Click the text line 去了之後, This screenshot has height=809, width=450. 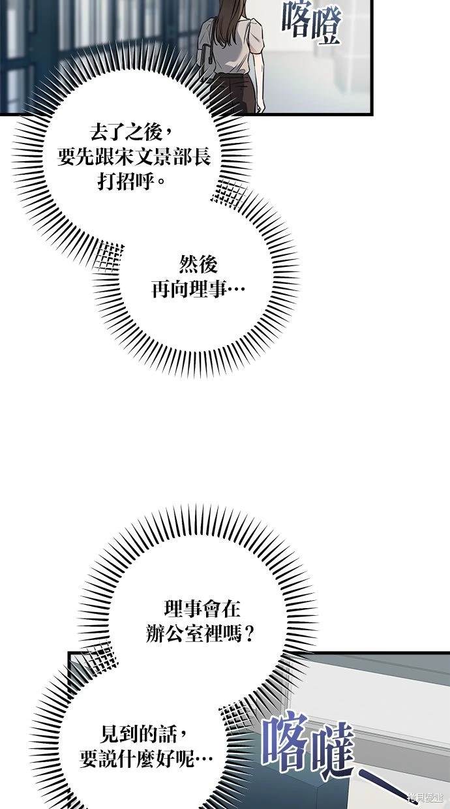click(131, 133)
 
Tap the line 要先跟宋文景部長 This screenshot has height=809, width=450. click(134, 157)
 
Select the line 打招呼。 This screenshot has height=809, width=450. click(132, 181)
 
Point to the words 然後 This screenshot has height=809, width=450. click(198, 264)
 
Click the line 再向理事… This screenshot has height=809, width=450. click(198, 289)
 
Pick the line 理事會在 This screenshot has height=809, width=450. click(202, 608)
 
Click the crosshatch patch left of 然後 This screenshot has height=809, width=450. click(110, 256)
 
